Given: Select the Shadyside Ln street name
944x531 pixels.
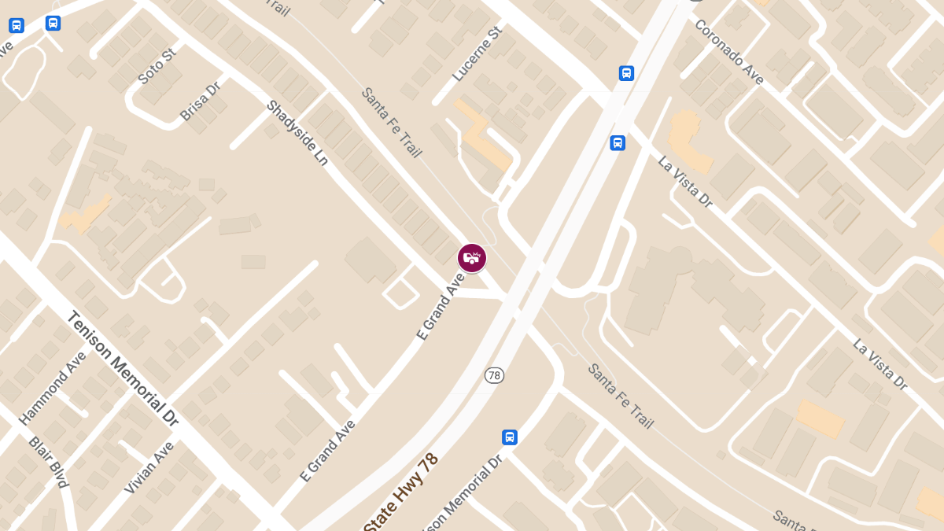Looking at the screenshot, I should click(297, 132).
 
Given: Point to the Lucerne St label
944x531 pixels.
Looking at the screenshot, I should click(477, 54).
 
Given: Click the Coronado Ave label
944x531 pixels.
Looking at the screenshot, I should click(728, 51).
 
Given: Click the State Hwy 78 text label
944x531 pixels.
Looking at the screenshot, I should click(401, 491).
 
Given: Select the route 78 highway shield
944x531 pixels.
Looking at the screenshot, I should click(494, 375).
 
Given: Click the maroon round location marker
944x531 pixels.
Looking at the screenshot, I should click(472, 258).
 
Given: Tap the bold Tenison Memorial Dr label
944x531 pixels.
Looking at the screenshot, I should click(123, 368).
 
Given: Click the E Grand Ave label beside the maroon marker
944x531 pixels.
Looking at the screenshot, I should click(441, 306).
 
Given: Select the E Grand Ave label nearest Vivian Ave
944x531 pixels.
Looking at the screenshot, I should click(327, 450).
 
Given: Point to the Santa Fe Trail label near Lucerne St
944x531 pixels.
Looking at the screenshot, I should click(391, 122).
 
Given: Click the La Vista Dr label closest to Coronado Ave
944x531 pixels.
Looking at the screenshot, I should click(685, 182).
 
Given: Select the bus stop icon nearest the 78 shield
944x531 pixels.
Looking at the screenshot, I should click(510, 437).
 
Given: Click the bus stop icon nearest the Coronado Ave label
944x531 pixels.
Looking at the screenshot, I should click(626, 73).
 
